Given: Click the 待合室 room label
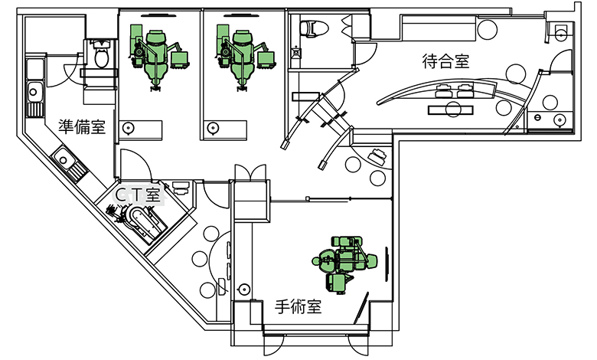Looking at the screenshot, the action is point(445,61).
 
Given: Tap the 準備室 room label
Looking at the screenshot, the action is point(82,127).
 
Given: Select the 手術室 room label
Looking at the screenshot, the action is point(298,306).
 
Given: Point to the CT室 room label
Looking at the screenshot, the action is point(138,195).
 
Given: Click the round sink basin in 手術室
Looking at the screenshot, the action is point(243,290).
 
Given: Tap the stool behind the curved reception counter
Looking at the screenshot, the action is point(453,110).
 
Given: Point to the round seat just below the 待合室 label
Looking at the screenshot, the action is point(515,74).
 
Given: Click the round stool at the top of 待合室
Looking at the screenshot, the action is point(488,29).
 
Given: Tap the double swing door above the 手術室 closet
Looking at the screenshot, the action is point(250,173).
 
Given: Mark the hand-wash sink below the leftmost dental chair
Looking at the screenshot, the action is point(129,129).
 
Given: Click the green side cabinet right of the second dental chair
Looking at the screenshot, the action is point(266,60).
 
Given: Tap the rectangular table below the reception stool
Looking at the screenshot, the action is point(451,110).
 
